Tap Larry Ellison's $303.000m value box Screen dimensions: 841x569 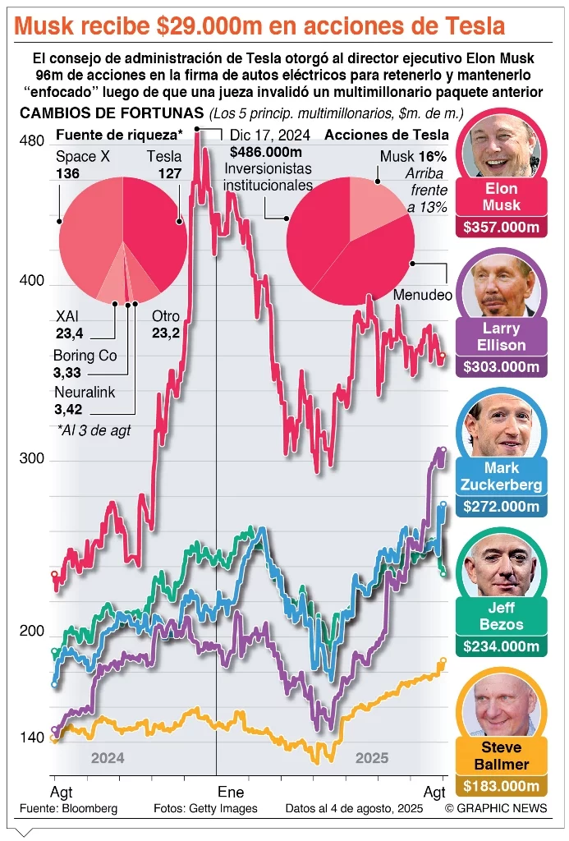pyautogui.click(x=501, y=367)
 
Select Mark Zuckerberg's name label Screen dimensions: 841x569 pyautogui.click(x=501, y=476)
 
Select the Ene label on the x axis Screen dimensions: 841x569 pyautogui.click(x=230, y=793)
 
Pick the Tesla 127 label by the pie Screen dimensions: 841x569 pyautogui.click(x=163, y=165)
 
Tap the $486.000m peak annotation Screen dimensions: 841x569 pyautogui.click(x=265, y=152)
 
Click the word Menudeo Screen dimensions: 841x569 pyautogui.click(x=423, y=295)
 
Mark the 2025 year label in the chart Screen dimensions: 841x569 pyautogui.click(x=372, y=759)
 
